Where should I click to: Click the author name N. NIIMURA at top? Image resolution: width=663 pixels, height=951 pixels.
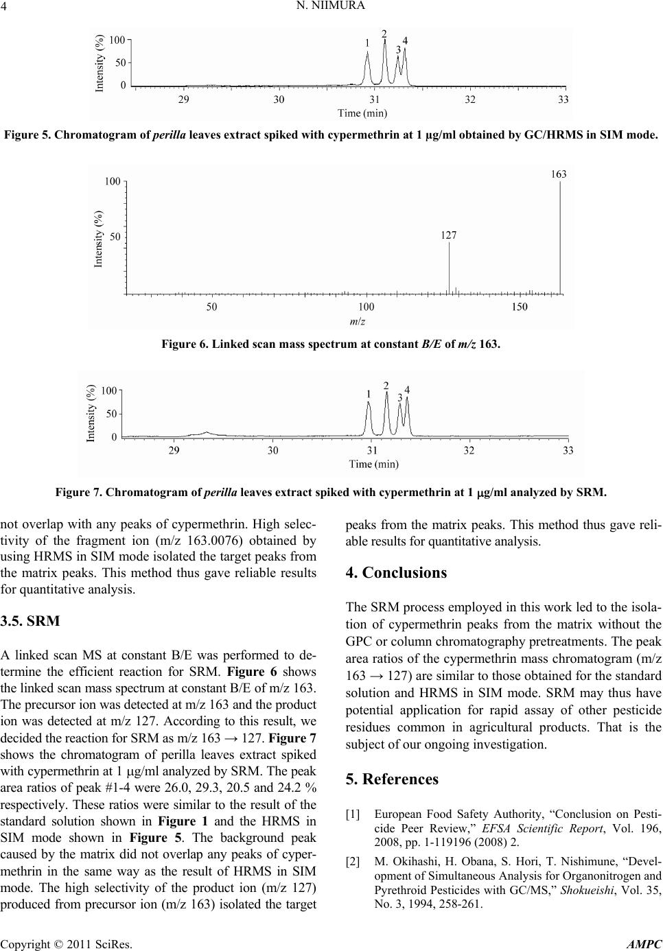(x=331, y=8)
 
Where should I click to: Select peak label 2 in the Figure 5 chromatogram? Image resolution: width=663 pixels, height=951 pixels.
(x=384, y=34)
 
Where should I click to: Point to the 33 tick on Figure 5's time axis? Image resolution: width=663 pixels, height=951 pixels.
(x=563, y=100)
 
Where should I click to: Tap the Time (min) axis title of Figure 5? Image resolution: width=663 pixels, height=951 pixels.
(x=362, y=113)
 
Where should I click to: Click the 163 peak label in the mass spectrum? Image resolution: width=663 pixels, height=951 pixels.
(x=559, y=174)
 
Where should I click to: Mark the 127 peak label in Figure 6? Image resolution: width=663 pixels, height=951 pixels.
(x=448, y=235)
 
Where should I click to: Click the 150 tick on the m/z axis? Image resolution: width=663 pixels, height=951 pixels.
(x=520, y=307)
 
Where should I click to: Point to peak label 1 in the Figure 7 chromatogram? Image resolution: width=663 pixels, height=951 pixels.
(x=369, y=394)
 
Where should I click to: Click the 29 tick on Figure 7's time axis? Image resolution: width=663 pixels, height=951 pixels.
(x=175, y=451)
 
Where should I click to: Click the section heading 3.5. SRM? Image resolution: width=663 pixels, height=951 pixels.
(x=32, y=622)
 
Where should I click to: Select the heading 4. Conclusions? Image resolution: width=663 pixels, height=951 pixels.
(x=396, y=572)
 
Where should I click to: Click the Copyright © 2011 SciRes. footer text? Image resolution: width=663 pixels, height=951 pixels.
(x=67, y=943)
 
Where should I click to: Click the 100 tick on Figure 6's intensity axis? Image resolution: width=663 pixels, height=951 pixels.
(x=113, y=182)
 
